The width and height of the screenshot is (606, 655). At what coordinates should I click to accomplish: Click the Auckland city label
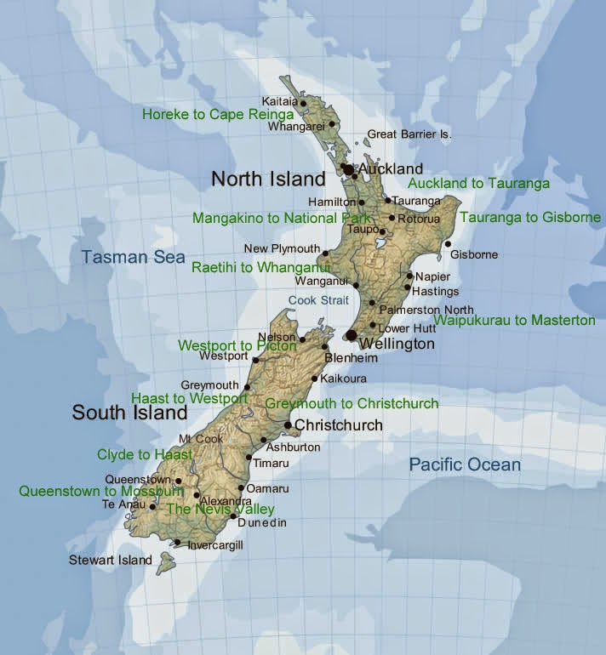tap(391, 169)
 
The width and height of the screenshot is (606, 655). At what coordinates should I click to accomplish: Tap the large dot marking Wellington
tap(352, 336)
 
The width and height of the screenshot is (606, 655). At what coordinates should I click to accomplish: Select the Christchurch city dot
tap(288, 425)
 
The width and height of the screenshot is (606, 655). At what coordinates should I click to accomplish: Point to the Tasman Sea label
tap(133, 256)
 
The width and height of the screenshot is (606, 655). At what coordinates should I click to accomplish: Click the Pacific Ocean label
tap(465, 464)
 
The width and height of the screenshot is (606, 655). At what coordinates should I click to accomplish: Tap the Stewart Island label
tap(111, 560)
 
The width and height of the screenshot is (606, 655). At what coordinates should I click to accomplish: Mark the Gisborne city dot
tap(448, 244)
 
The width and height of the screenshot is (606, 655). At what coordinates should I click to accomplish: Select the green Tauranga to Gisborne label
tap(530, 218)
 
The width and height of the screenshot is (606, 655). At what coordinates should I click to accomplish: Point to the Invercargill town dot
tap(177, 543)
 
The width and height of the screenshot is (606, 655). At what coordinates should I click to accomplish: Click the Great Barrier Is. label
tap(409, 134)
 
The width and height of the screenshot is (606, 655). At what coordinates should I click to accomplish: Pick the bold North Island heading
tap(268, 179)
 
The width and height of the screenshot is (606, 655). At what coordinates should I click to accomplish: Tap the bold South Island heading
tap(129, 413)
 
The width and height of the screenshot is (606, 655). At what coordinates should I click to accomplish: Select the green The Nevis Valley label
tap(220, 509)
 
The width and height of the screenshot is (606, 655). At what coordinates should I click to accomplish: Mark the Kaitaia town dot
tap(303, 103)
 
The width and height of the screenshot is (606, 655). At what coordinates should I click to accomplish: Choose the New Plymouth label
tap(282, 248)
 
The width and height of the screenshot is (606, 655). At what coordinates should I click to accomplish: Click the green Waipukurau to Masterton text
tap(514, 321)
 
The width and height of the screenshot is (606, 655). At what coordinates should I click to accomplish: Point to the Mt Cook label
tap(201, 439)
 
